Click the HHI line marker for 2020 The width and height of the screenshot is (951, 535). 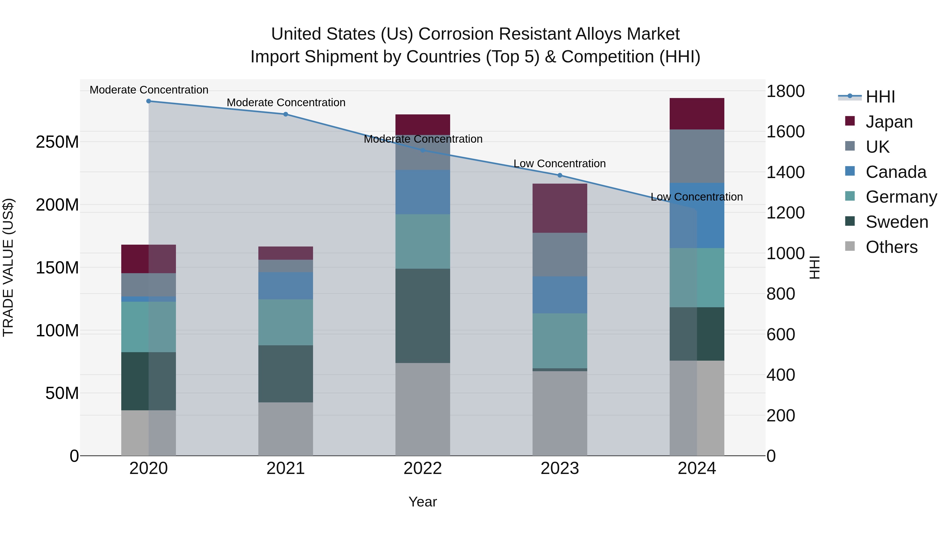click(x=148, y=101)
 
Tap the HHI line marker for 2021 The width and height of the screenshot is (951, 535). click(x=285, y=114)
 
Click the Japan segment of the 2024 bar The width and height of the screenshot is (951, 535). click(x=697, y=114)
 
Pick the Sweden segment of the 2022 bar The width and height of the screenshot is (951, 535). click(x=423, y=316)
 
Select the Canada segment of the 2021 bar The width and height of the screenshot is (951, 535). click(x=285, y=286)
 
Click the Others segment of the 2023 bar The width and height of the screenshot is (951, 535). click(x=560, y=413)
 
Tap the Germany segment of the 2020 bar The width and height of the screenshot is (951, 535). click(x=148, y=327)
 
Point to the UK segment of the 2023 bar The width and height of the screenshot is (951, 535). click(x=560, y=254)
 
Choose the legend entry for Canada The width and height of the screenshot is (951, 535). click(x=896, y=172)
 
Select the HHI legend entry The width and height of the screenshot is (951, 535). click(x=880, y=97)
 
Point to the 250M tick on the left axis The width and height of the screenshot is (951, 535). click(x=57, y=142)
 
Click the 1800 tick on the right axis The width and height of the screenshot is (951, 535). click(x=786, y=91)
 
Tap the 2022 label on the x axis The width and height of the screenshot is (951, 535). click(x=423, y=468)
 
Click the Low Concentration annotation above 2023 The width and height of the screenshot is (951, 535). click(x=560, y=164)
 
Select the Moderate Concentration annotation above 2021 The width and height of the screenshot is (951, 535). click(x=286, y=103)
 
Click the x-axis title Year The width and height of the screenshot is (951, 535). click(x=423, y=502)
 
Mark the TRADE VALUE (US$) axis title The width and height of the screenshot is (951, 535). click(x=8, y=267)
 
